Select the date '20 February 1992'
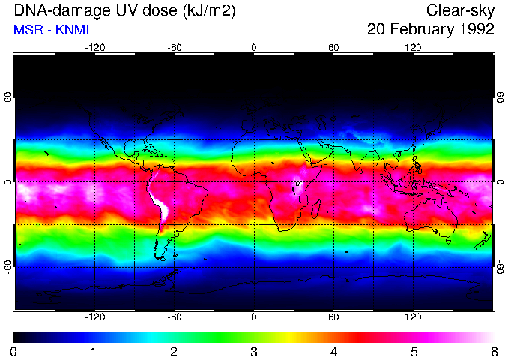(430, 30)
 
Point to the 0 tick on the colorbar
(14, 351)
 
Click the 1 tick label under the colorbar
(94, 351)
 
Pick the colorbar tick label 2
(174, 351)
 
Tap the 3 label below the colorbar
(254, 351)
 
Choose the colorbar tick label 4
(333, 351)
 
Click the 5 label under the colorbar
(414, 351)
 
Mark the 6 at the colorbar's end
(493, 351)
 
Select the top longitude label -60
(175, 47)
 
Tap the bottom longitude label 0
(254, 317)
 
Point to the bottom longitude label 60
(333, 317)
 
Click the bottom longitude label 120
(414, 317)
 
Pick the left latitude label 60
(7, 97)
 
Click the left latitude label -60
(7, 266)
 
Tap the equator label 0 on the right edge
(500, 182)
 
